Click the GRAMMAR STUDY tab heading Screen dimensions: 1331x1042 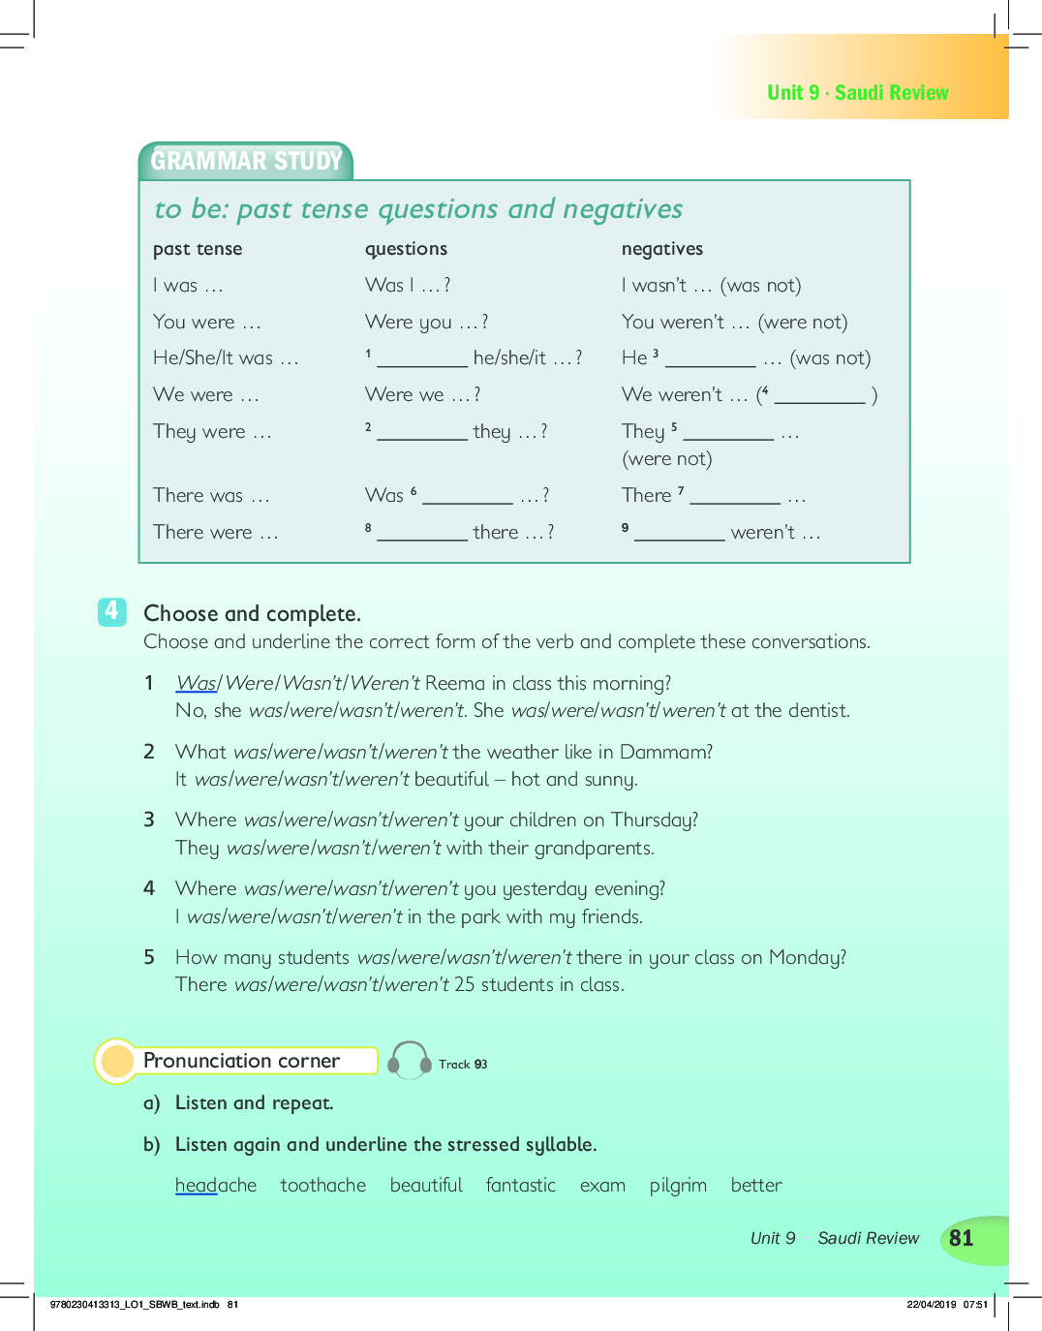[x=246, y=161]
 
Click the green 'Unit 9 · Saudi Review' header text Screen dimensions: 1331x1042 [x=857, y=93]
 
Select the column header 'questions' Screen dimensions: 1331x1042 [x=406, y=249]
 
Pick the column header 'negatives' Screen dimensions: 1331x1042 [x=662, y=249]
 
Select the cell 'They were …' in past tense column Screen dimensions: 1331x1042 [x=212, y=432]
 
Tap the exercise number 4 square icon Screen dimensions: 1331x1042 [x=111, y=611]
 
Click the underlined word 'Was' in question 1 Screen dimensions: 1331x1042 [x=197, y=683]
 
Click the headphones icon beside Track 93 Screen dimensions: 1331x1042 [x=410, y=1061]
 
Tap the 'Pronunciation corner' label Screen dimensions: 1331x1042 [x=241, y=1061]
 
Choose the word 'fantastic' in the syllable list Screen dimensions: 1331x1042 [x=520, y=1186]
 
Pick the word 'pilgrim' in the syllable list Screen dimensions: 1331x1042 [x=678, y=1186]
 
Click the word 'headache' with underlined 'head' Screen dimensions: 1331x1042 [x=215, y=1186]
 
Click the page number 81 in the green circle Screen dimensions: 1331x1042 [x=961, y=1238]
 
